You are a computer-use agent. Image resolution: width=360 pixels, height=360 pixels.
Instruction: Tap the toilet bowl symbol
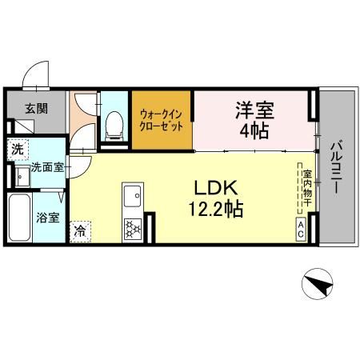(x=114, y=124)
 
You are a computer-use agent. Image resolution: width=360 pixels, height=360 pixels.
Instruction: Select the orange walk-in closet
(x=162, y=120)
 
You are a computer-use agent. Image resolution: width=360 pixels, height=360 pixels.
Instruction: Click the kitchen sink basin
(x=133, y=195)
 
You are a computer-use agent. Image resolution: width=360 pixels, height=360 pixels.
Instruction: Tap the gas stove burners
(x=132, y=229)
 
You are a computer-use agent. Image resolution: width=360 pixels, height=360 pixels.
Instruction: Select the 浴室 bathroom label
(x=47, y=218)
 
